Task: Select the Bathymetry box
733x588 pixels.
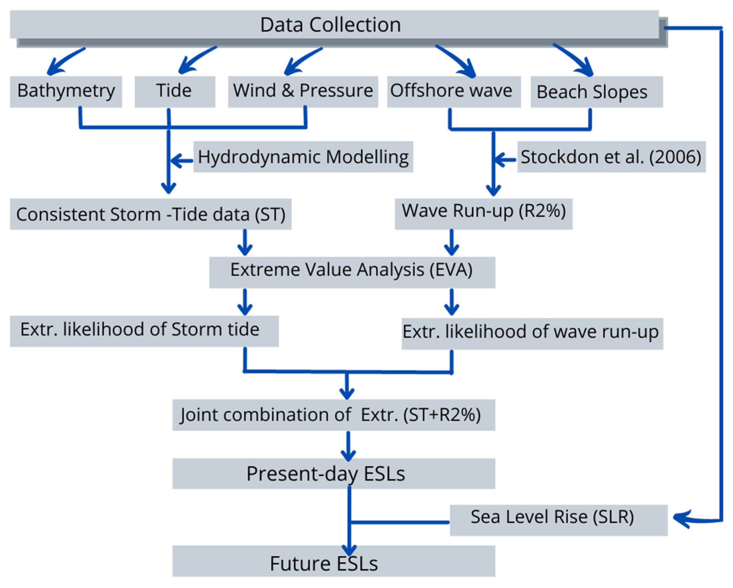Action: tap(66, 91)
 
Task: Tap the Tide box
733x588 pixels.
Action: tap(174, 91)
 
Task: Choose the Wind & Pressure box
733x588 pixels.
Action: tap(303, 91)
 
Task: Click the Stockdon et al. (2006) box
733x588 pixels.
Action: tap(611, 157)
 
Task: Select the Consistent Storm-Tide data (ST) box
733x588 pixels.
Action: tap(150, 214)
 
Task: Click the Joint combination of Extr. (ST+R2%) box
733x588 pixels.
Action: tap(333, 415)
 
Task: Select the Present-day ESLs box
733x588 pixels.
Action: tap(333, 473)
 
